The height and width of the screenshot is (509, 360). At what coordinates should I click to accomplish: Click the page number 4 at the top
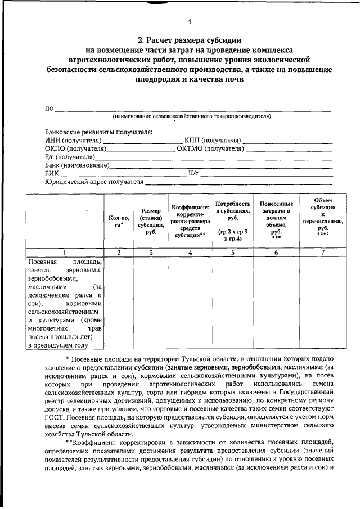(190, 21)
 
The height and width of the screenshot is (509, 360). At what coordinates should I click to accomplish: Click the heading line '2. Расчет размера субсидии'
(190, 40)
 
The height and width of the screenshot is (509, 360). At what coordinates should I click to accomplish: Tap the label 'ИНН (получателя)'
(73, 140)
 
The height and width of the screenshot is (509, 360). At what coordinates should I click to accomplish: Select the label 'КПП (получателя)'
(213, 140)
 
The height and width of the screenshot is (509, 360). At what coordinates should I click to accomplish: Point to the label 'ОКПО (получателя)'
(75, 148)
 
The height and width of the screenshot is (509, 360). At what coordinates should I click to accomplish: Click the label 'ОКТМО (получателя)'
(210, 148)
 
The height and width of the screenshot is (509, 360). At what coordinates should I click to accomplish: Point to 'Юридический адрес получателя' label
(94, 182)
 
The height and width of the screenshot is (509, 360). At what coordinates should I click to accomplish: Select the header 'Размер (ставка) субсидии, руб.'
(150, 220)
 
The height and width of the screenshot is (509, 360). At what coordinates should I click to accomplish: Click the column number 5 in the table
(232, 253)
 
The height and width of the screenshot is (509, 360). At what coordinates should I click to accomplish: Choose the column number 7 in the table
(322, 253)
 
